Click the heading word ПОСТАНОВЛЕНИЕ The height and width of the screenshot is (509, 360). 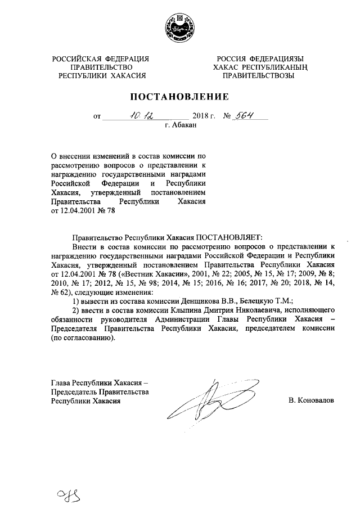click(x=180, y=97)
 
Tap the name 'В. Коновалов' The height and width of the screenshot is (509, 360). click(x=310, y=401)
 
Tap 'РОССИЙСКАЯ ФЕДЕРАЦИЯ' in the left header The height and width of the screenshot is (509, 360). click(x=101, y=58)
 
